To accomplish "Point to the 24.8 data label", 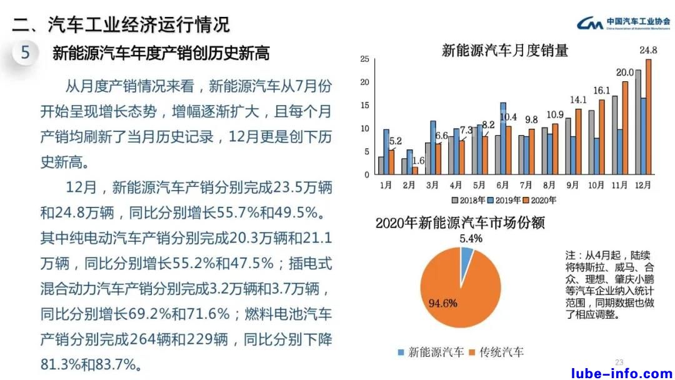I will (x=647, y=50).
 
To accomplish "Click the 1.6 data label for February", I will (x=419, y=160).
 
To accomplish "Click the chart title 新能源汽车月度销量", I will (x=505, y=51).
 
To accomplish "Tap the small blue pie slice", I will (x=466, y=256).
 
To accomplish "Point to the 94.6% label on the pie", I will (x=442, y=304).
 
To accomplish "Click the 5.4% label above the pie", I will (x=471, y=238).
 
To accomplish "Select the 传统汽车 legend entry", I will (x=497, y=352).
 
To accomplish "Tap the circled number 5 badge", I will (x=25, y=52).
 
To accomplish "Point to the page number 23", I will (x=619, y=362).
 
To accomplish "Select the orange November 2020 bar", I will (x=624, y=128).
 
